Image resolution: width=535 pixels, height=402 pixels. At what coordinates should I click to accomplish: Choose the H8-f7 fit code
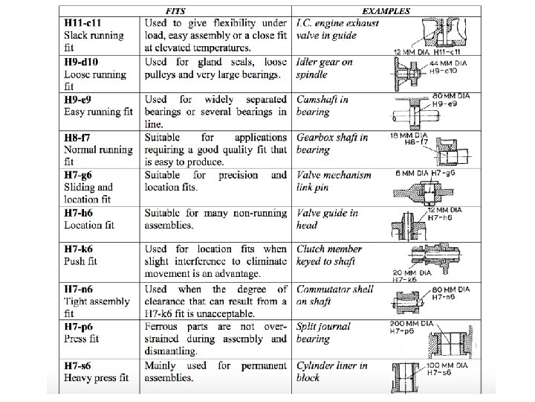point(79,137)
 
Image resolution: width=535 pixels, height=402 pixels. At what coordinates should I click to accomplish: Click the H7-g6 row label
point(81,175)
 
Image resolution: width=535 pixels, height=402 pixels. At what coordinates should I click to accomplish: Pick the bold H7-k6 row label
point(81,249)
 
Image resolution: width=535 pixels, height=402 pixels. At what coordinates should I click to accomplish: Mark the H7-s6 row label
point(80,366)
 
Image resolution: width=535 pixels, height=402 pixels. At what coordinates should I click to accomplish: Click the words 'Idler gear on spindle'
point(324,68)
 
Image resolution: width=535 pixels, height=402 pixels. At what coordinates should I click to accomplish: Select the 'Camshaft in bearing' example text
point(323,106)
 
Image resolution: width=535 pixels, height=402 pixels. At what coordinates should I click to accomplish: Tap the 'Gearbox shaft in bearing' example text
point(331,143)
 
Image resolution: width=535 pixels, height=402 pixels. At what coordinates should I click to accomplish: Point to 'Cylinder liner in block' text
point(331,371)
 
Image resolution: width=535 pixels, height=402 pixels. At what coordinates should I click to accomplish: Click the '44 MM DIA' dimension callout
point(447,65)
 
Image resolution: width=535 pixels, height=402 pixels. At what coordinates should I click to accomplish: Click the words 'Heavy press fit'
point(96,377)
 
